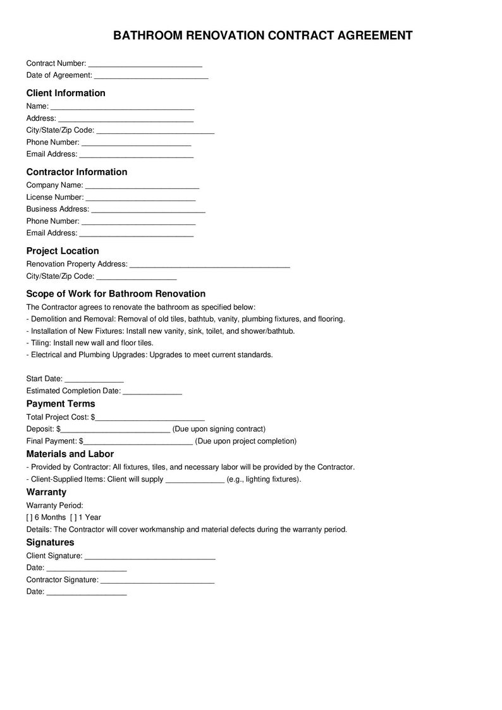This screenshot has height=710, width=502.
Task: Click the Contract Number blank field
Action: pos(145,63)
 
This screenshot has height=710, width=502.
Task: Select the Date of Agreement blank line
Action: pos(151,75)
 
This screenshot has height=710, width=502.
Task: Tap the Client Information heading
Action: pos(66,93)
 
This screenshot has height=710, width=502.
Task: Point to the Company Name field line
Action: pos(142,185)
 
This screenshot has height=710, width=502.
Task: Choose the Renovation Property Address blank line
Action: pos(209,264)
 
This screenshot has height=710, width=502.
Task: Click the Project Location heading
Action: pos(63,251)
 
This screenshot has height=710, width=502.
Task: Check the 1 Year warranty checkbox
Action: pos(73,517)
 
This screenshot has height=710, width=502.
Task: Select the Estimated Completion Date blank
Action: pos(152,391)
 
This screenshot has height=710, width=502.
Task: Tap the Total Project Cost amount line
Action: pos(150,417)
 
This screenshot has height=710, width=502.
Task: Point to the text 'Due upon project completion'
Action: pos(246,441)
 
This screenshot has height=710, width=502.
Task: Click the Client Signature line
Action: pos(150,556)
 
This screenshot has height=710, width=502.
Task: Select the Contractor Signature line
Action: pos(157,580)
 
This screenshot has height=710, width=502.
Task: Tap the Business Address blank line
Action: pos(149,209)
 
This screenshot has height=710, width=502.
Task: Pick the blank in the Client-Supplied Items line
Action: pos(195,479)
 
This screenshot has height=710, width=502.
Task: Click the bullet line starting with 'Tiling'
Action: pos(90,343)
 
